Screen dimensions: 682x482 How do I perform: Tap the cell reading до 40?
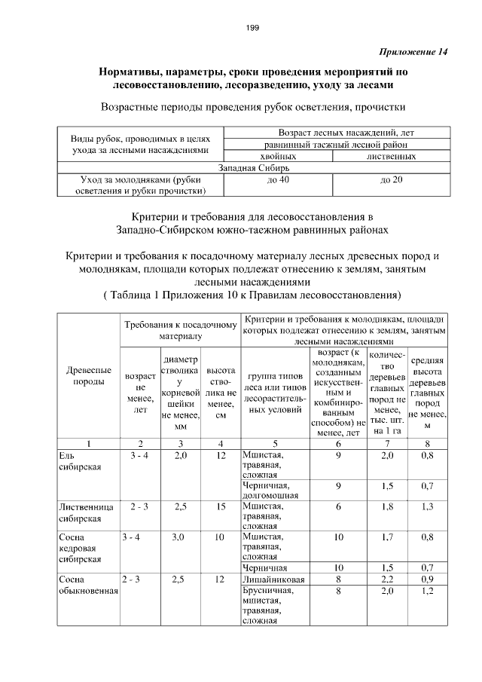[x=278, y=180]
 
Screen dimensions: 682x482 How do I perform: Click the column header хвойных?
[x=278, y=156]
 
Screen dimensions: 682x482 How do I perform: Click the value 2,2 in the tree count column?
[x=387, y=580]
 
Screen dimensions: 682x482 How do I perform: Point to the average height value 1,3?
[x=427, y=506]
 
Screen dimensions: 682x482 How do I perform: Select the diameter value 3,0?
[x=179, y=537]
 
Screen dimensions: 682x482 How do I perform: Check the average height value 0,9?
[x=427, y=580]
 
